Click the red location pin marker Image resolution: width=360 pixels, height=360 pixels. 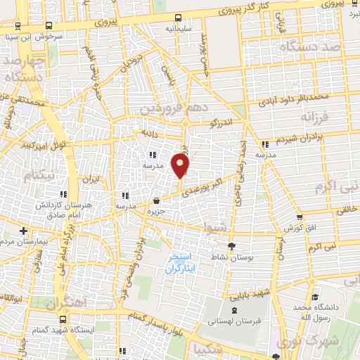coord(181,165)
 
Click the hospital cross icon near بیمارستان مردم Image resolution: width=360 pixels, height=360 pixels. coord(22,230)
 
